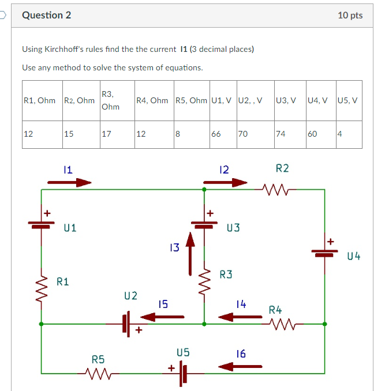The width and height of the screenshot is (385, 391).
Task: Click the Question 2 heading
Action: (x=46, y=16)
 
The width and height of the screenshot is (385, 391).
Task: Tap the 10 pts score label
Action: (x=350, y=16)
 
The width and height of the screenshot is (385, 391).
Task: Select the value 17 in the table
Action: (x=106, y=134)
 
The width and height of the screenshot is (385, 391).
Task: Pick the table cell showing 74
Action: (x=281, y=134)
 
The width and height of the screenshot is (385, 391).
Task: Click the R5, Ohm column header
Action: (x=190, y=100)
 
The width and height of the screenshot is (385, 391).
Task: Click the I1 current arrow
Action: (x=69, y=182)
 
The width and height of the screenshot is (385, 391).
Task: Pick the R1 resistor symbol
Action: (x=41, y=287)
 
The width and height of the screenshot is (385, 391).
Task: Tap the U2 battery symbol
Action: (x=128, y=324)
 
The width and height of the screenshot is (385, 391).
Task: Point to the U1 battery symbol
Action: (x=41, y=223)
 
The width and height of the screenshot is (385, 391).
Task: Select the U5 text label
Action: (x=183, y=351)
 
